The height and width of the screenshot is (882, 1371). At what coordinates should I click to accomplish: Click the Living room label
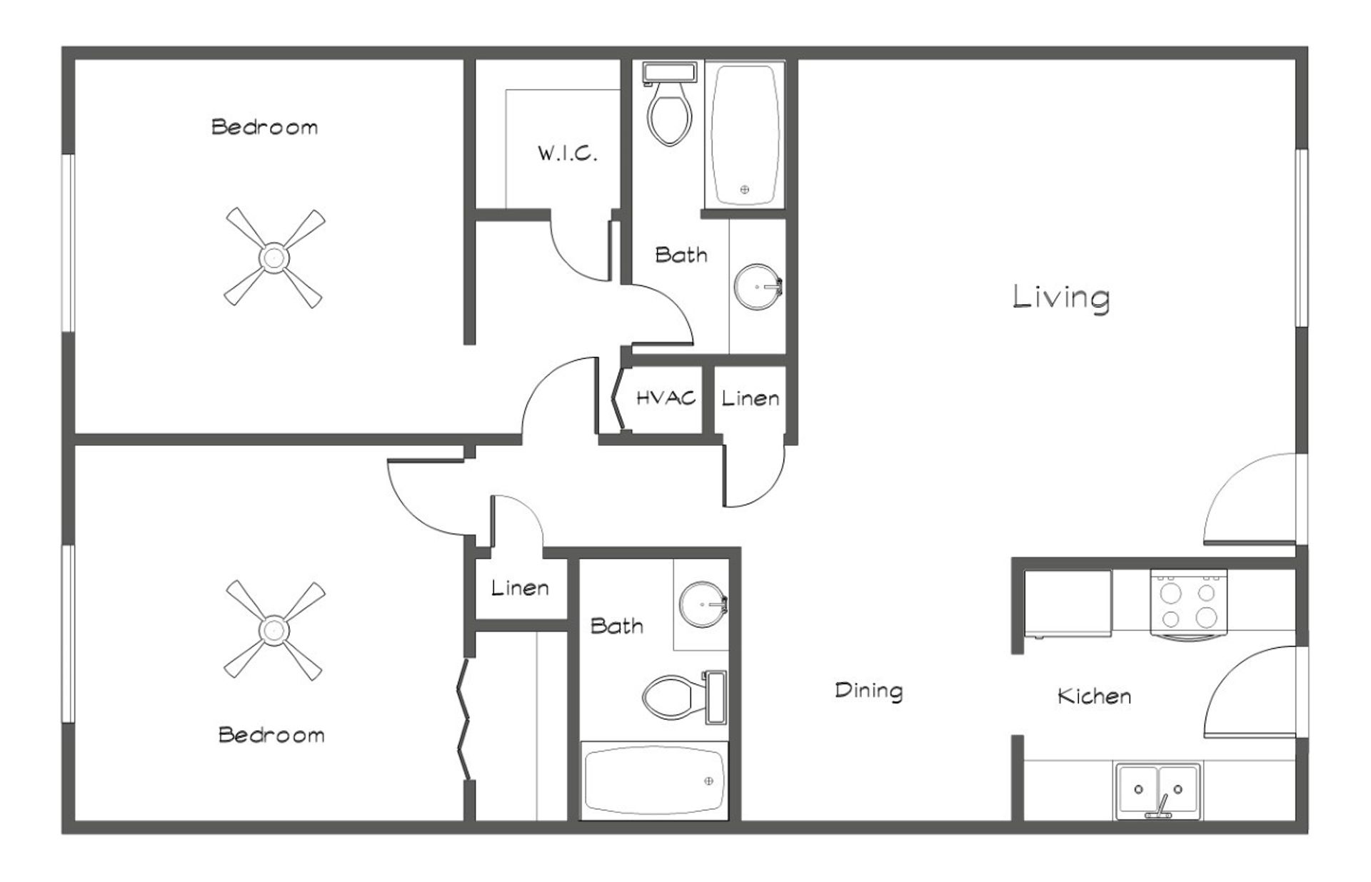tap(1061, 297)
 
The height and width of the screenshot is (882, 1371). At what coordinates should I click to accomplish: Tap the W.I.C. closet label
tap(567, 153)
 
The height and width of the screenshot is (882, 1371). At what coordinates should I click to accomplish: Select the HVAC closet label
tap(666, 397)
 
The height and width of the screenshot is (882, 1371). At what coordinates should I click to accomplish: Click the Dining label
tap(868, 690)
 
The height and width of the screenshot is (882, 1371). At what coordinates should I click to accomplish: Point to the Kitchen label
tap(1094, 696)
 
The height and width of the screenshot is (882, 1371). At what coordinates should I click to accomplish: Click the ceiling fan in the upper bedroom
tap(274, 258)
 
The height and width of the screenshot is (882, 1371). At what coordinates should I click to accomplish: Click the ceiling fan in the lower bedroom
tap(274, 629)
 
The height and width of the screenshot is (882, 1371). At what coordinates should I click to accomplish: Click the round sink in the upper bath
tap(757, 287)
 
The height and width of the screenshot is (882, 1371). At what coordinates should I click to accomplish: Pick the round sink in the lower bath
tap(702, 604)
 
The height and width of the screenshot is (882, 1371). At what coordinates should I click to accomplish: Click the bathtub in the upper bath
tap(745, 134)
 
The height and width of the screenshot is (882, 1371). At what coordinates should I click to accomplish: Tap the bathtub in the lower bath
tap(653, 781)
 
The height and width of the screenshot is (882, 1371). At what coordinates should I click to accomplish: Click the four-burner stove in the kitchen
tap(1188, 602)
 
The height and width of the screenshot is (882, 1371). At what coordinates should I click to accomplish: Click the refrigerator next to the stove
tap(1068, 603)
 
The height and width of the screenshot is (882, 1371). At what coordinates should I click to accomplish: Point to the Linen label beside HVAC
tap(750, 398)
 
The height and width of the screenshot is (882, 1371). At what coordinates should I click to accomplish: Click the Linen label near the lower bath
tap(520, 588)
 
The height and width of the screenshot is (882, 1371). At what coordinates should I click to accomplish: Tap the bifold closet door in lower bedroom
tap(465, 721)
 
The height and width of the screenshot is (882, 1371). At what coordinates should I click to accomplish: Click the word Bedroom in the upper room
tap(264, 128)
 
